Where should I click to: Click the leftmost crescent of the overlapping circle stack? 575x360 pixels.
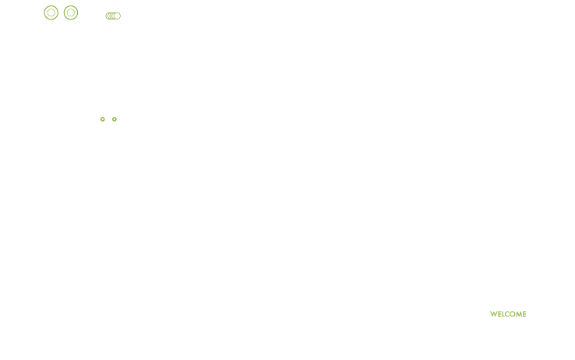coord(106,16)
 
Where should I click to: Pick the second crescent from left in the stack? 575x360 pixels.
coord(108,16)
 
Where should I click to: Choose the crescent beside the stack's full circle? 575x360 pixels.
coord(112,16)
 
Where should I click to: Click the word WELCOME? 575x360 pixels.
coord(508,314)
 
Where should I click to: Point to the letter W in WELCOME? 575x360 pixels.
coord(494,314)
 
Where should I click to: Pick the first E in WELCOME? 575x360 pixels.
coord(499,314)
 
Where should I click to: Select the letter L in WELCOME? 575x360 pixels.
coord(503,314)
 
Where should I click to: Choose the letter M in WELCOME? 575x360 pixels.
coord(519,314)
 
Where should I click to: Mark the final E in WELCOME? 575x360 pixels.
coord(525,314)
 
